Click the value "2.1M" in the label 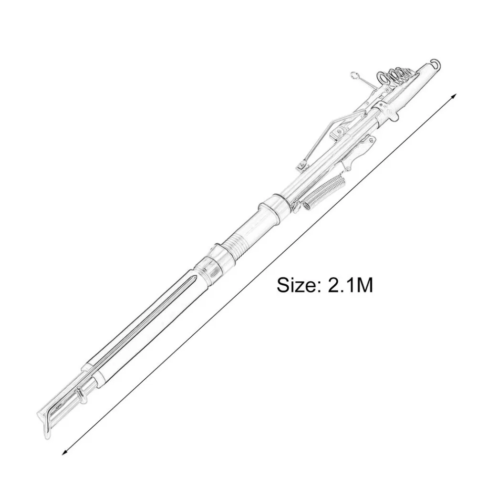coord(350,285)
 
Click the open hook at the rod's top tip coord(437,63)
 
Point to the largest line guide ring coord(383,78)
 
